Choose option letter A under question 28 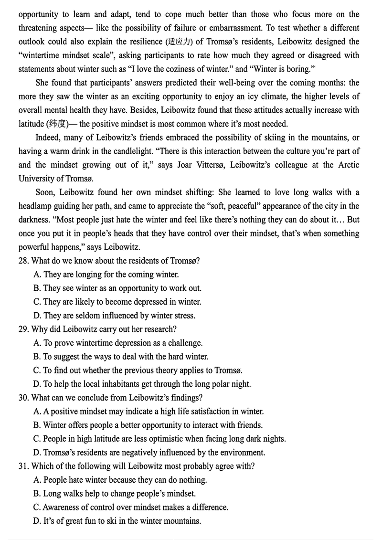tap(37, 275)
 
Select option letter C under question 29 tap(37, 370)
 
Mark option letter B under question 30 tap(37, 425)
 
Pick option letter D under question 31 tap(37, 521)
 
